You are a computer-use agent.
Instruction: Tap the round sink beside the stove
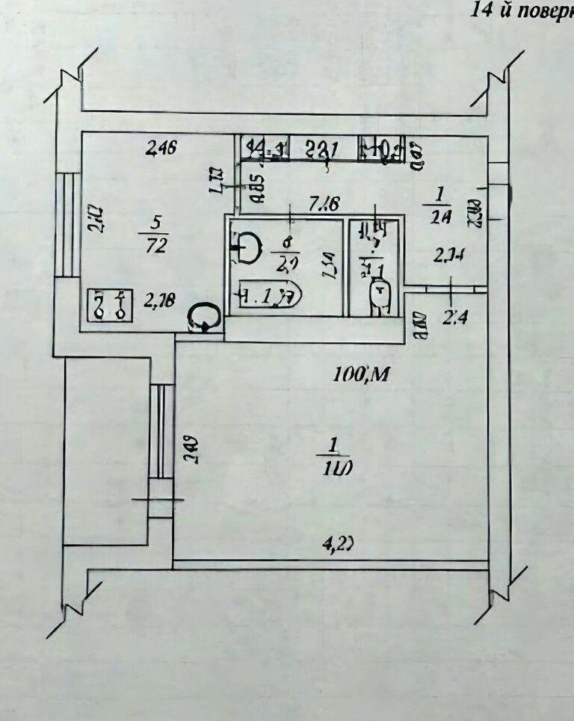click(x=204, y=317)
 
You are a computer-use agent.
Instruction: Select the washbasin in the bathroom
click(x=247, y=247)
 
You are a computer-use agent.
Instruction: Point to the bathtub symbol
click(x=269, y=295)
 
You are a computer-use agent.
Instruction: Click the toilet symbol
click(x=381, y=292)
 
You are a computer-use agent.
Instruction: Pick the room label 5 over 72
click(x=157, y=233)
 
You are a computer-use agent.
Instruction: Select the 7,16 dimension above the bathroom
click(x=326, y=201)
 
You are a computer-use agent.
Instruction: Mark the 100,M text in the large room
click(x=362, y=375)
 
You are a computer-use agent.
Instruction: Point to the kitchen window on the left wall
click(x=67, y=224)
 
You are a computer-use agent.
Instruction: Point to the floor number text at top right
click(x=522, y=10)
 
